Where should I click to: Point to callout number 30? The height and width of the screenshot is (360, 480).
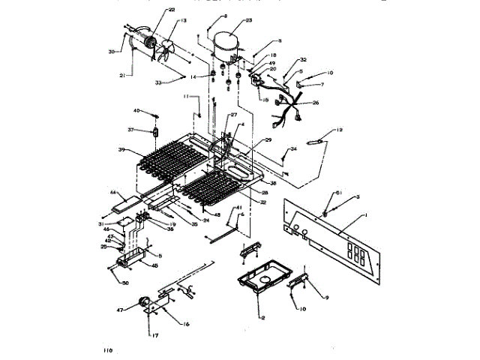pyautogui.click(x=111, y=52)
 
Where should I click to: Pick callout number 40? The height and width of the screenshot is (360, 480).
pyautogui.click(x=137, y=111)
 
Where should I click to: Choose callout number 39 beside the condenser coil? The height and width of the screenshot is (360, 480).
pyautogui.click(x=121, y=150)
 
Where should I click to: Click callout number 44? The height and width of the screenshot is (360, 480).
pyautogui.click(x=113, y=193)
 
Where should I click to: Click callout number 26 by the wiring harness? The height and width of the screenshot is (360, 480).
pyautogui.click(x=316, y=103)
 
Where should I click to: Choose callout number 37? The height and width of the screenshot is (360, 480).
pyautogui.click(x=130, y=130)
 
